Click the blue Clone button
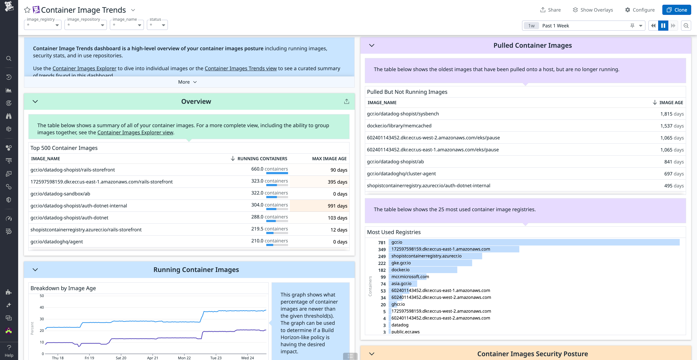coord(676,10)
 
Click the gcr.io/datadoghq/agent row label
coord(57,242)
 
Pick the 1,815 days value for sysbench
coord(672,114)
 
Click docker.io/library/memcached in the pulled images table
coord(399,126)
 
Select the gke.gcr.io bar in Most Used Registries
coord(430,263)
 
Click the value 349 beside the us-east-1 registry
coord(382,249)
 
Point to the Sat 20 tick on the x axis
coord(121,358)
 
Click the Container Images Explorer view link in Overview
coord(135,132)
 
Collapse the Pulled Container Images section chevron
coord(372,45)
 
